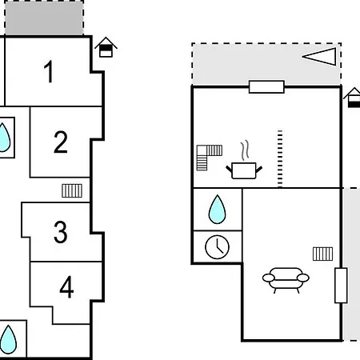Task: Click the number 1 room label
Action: pos(49,71)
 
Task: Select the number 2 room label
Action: pos(61,142)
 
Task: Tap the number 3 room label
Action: pos(61,232)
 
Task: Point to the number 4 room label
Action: pos(66,287)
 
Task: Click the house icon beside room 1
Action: pos(106,47)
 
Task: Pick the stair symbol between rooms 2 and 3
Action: pos(72,190)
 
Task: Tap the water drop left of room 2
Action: pos(4,137)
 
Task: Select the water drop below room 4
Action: pos(8,339)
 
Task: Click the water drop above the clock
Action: pos(217,210)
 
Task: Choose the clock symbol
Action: pos(217,247)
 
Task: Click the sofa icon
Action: pos(286,280)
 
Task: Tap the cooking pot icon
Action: pos(244,170)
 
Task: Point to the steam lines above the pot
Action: pos(245,150)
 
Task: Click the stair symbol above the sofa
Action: pos(322,254)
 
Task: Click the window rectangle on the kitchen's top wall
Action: pos(266,87)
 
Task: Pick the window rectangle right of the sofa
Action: pos(341,286)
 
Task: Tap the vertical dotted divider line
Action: pos(280,159)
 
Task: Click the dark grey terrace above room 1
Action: pos(44,18)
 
